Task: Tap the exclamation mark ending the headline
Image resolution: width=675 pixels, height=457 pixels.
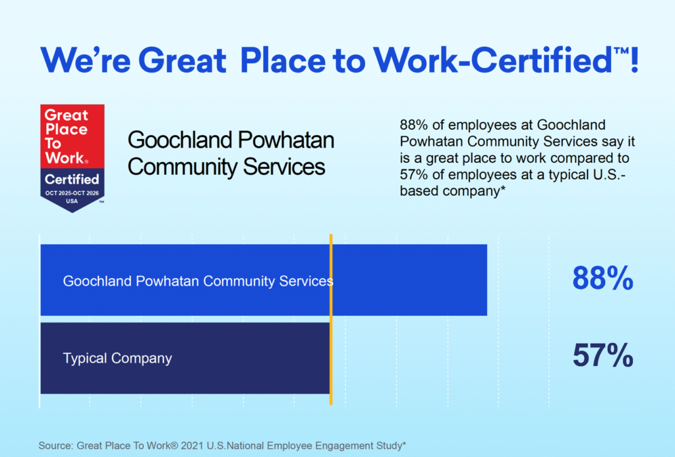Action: [x=633, y=60]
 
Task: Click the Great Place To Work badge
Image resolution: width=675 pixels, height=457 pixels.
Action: [x=73, y=158]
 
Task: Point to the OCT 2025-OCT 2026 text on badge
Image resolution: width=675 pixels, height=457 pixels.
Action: [x=72, y=193]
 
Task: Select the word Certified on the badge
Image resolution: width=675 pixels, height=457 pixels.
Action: [x=72, y=179]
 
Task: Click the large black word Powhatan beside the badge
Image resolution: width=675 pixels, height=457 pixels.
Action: [x=286, y=140]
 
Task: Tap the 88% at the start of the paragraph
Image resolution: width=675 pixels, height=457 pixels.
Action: [x=414, y=125]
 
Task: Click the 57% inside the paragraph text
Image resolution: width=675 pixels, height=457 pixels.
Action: [x=414, y=175]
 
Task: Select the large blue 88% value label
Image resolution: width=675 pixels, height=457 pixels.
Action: [x=602, y=278]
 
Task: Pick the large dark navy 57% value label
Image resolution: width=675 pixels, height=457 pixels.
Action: [x=602, y=355]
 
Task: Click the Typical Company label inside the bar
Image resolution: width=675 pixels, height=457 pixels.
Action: [x=117, y=358]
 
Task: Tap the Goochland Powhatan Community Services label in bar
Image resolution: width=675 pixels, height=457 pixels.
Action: [x=198, y=281]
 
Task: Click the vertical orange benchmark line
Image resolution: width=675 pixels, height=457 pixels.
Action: [x=331, y=320]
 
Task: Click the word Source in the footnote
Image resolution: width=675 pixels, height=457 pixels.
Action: [x=55, y=446]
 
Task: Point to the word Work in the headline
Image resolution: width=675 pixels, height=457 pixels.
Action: [x=415, y=60]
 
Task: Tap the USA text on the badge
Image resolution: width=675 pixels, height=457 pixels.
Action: [x=72, y=201]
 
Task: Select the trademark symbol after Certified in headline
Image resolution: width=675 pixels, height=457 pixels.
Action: [x=621, y=51]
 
